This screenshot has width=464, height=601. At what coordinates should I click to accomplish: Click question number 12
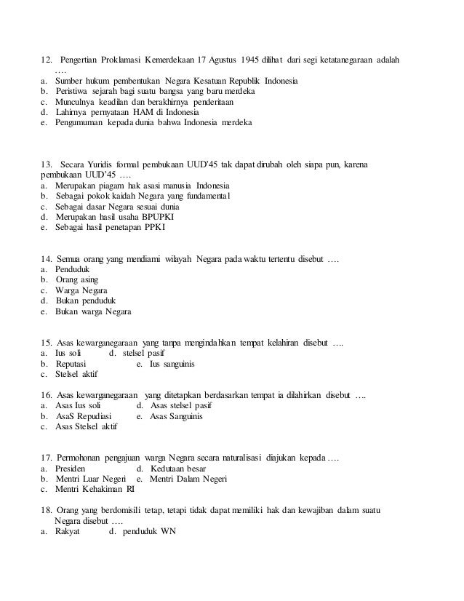tap(46, 58)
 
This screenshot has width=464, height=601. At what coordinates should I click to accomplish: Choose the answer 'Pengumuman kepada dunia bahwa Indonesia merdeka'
tap(154, 123)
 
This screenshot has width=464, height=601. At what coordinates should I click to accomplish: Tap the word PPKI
tap(154, 228)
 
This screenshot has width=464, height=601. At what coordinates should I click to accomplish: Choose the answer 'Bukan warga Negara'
tap(93, 312)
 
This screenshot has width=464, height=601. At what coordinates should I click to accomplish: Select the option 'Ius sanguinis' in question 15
tap(172, 364)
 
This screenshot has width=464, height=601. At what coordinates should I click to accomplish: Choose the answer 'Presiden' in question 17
tap(75, 469)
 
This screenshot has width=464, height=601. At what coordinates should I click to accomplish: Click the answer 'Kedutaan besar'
tap(179, 469)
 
